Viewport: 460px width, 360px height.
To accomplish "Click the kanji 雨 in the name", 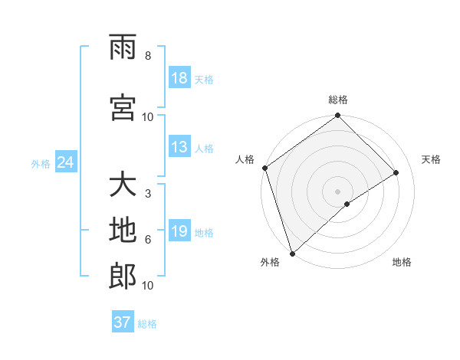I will pyautogui.click(x=123, y=47).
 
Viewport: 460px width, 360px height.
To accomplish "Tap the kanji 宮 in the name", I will pyautogui.click(x=123, y=108).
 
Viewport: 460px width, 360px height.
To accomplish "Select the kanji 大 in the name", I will pyautogui.click(x=123, y=185).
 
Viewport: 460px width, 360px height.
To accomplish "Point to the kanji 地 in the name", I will pyautogui.click(x=123, y=231).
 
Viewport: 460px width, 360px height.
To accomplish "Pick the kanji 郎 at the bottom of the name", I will pyautogui.click(x=123, y=277).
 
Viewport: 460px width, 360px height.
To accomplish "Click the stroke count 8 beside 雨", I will pyautogui.click(x=148, y=56).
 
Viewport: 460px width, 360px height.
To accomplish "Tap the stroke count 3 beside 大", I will pyautogui.click(x=148, y=194).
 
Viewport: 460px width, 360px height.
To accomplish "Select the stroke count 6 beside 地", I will pyautogui.click(x=148, y=240).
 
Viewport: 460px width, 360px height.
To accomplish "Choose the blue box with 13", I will pyautogui.click(x=179, y=148).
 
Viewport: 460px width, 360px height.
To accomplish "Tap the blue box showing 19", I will pyautogui.click(x=179, y=232).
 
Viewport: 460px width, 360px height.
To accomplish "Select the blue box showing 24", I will pyautogui.click(x=65, y=163).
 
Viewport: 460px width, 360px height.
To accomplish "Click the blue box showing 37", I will pyautogui.click(x=123, y=322).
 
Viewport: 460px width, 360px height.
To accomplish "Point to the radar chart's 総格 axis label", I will pyautogui.click(x=338, y=100).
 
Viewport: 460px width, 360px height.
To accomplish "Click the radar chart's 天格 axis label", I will pyautogui.click(x=432, y=159).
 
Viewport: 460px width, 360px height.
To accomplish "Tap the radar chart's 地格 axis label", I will pyautogui.click(x=402, y=263).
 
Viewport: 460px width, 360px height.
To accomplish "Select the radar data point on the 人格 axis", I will pyautogui.click(x=264, y=168).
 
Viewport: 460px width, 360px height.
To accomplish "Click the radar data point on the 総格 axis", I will pyautogui.click(x=338, y=116).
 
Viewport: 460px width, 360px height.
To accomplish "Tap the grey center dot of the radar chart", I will pyautogui.click(x=337, y=191).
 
